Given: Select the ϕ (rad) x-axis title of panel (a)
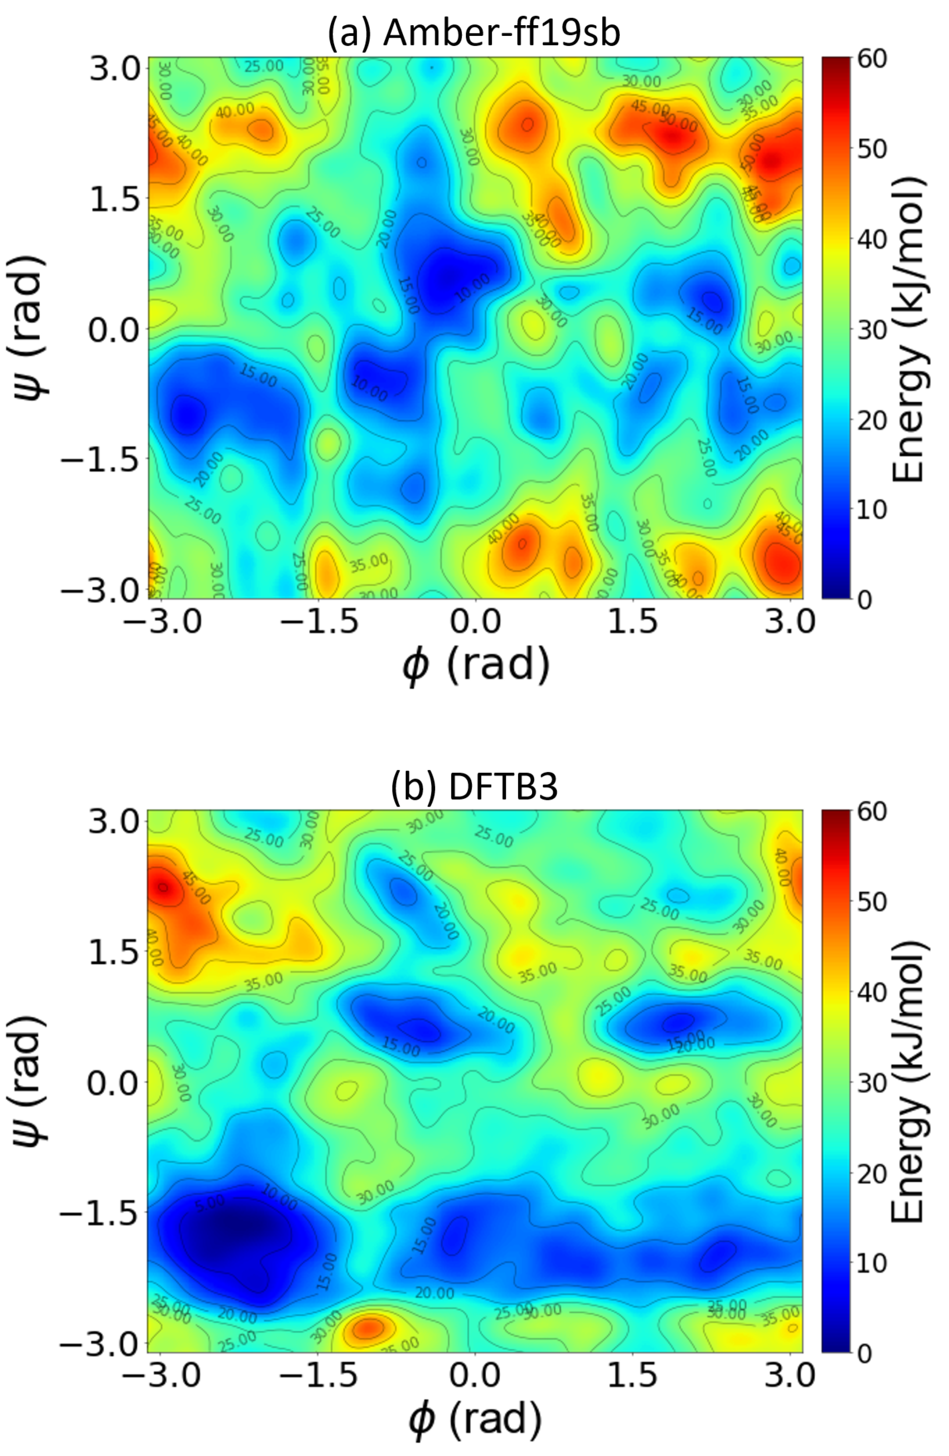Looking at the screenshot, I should [475, 665].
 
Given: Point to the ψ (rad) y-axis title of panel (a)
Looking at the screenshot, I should [30, 330].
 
